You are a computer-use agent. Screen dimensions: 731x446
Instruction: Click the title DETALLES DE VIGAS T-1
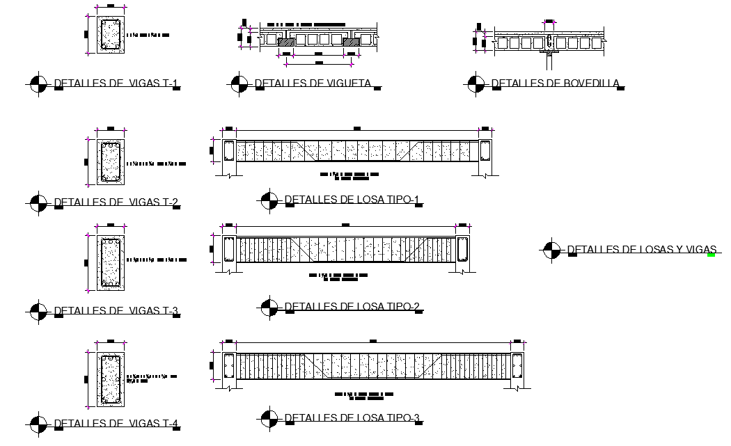116,84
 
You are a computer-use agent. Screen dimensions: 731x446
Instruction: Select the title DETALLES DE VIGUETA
312,83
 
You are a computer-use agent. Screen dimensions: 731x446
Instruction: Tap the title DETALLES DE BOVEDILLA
555,83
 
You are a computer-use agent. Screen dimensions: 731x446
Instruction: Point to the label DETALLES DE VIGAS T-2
116,203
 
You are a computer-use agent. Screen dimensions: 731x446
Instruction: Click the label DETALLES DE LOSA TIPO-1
352,200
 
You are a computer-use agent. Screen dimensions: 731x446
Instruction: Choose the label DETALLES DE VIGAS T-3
116,310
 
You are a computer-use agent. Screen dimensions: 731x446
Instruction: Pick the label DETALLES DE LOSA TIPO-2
352,306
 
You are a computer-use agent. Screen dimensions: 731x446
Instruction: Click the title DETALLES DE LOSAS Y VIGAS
641,249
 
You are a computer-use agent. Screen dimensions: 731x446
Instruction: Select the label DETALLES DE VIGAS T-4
116,423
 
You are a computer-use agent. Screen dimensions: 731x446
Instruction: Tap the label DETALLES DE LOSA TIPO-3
352,418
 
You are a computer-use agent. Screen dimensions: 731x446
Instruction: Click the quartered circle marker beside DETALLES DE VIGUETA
238,84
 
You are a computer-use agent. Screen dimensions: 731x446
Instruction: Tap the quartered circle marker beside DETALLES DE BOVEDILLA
476,84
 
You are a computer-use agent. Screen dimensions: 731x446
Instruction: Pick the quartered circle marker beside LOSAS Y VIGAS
551,250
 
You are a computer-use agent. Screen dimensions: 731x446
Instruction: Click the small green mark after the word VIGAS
711,255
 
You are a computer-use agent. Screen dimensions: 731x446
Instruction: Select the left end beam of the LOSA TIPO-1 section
229,151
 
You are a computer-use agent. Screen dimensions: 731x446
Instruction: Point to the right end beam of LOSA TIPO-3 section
517,365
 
